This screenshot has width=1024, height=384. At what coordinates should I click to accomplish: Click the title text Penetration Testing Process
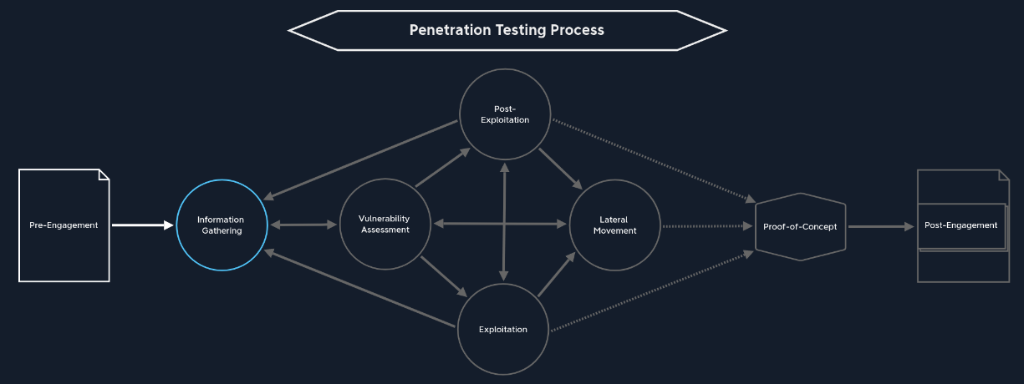(x=507, y=30)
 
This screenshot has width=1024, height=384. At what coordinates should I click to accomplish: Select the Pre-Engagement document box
(x=64, y=225)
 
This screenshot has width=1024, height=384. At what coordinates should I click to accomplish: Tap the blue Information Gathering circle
(x=222, y=225)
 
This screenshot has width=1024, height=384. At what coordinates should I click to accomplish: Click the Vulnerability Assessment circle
(x=385, y=225)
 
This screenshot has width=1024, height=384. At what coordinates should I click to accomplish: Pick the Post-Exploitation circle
(x=505, y=114)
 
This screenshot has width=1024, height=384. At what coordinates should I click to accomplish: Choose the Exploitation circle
(x=503, y=329)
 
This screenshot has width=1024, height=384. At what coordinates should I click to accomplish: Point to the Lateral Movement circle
(x=614, y=225)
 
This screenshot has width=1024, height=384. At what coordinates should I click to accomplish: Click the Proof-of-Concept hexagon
(x=800, y=227)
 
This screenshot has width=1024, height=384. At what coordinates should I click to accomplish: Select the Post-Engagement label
(x=960, y=225)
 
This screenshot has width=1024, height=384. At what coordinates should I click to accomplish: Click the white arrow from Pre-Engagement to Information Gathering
(x=142, y=225)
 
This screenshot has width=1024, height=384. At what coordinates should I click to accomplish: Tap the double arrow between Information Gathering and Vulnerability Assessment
(x=303, y=225)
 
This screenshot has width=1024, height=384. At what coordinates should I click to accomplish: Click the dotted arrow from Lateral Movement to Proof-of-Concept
(x=706, y=225)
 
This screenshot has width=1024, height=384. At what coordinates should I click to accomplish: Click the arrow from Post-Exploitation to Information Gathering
(x=361, y=159)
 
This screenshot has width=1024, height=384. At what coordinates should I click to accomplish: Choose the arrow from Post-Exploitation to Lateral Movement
(x=560, y=169)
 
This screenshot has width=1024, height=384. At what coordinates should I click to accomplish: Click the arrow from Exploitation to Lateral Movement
(x=556, y=275)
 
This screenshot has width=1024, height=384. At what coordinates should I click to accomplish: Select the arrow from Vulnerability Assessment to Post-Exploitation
(x=442, y=169)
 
